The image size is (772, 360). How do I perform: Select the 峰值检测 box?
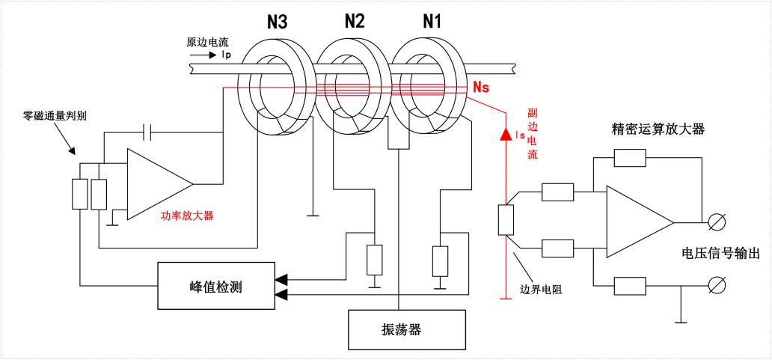[215, 286]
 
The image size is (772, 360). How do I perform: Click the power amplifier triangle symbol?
[157, 183]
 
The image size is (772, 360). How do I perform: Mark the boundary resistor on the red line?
[506, 222]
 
